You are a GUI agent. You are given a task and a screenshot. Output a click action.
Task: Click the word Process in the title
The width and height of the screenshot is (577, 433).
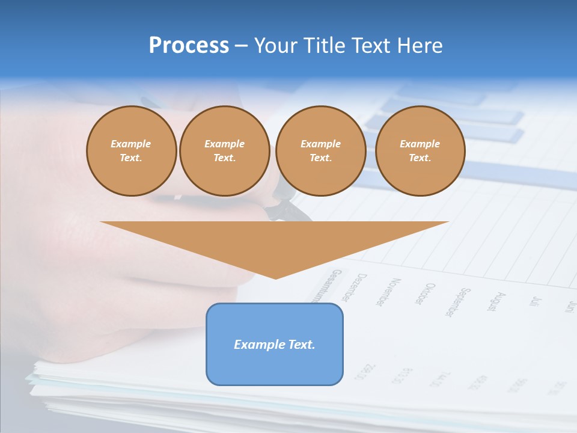click(x=189, y=46)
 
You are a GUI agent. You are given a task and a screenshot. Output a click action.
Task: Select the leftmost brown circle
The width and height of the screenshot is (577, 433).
click(x=131, y=151)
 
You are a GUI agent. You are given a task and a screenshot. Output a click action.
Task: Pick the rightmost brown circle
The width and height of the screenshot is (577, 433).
click(x=420, y=151)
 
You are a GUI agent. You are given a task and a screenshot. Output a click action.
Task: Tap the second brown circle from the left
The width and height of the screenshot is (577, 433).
click(x=224, y=151)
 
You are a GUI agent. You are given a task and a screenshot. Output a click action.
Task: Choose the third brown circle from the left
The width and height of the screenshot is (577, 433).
click(x=320, y=151)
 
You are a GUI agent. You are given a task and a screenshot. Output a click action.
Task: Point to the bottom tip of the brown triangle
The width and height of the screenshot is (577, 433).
click(x=275, y=278)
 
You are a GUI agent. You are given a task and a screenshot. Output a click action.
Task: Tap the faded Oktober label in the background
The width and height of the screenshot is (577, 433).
click(x=423, y=294)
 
